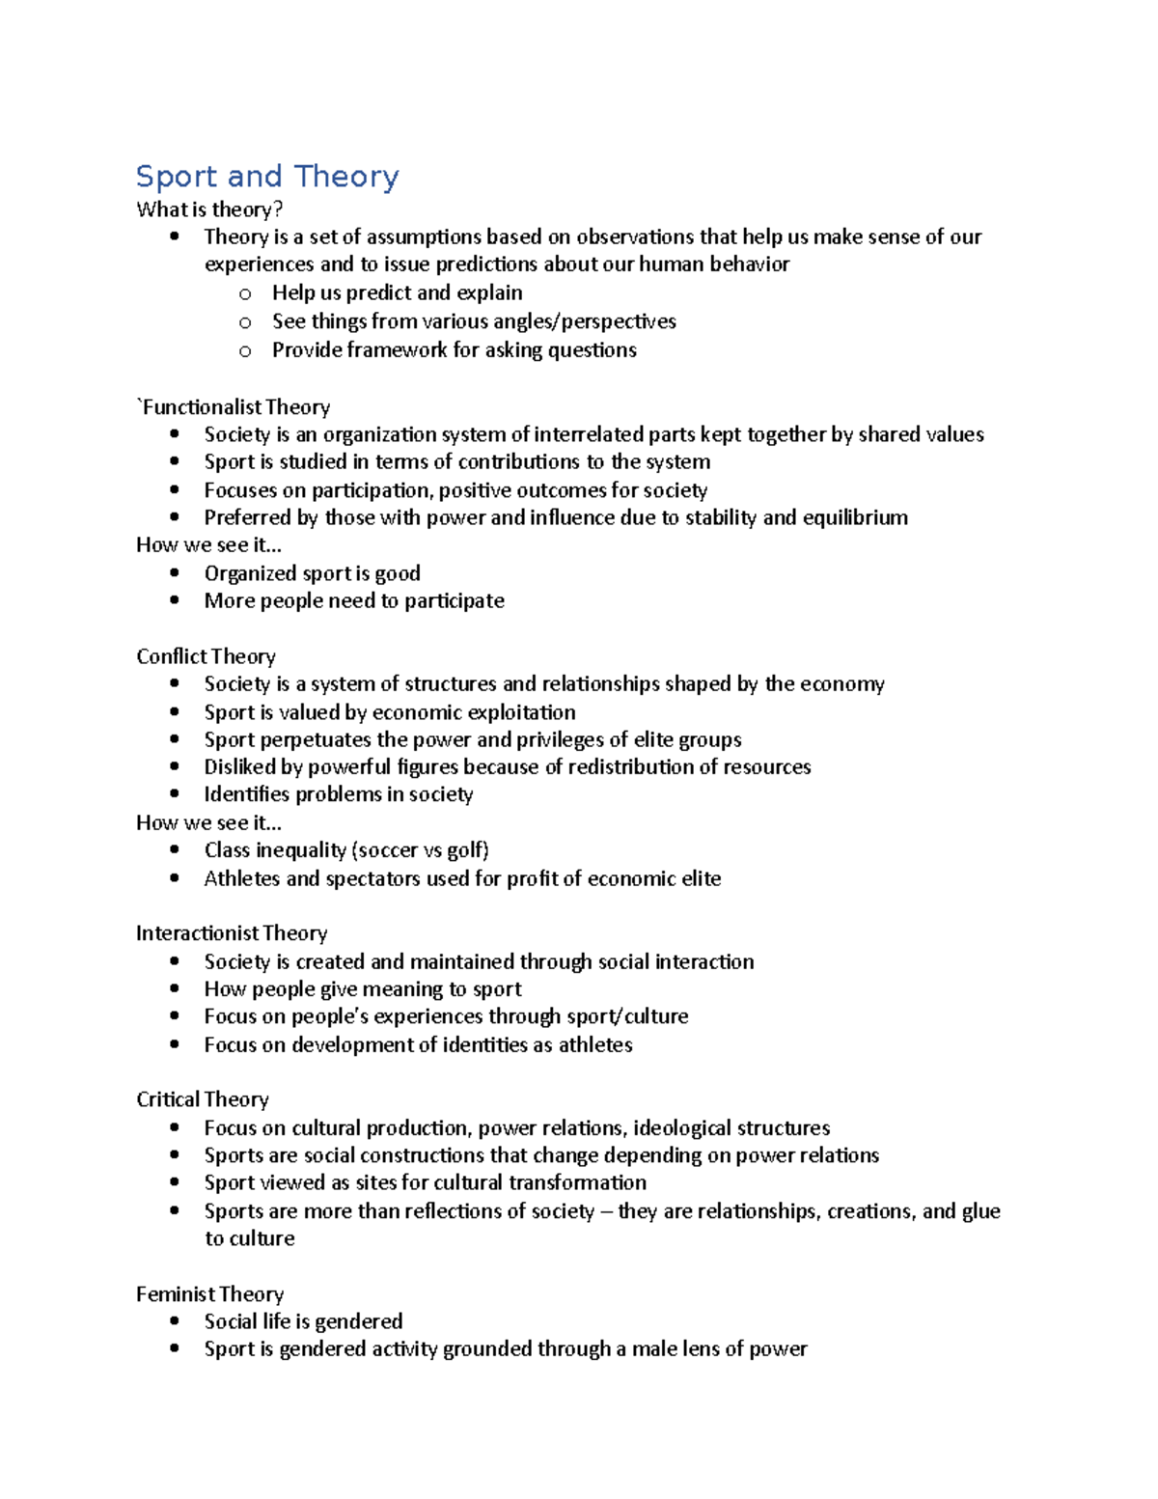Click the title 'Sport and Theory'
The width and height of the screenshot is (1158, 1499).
267,177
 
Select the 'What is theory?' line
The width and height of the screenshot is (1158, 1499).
209,209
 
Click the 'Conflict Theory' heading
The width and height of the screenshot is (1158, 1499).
206,657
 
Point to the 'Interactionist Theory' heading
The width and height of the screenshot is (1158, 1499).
232,933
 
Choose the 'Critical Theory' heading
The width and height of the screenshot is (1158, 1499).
203,1099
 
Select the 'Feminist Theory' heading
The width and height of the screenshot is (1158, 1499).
209,1294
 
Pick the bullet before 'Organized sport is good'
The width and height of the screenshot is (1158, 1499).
175,573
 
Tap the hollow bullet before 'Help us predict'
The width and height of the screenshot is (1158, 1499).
245,293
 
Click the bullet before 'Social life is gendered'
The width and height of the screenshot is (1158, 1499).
175,1321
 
